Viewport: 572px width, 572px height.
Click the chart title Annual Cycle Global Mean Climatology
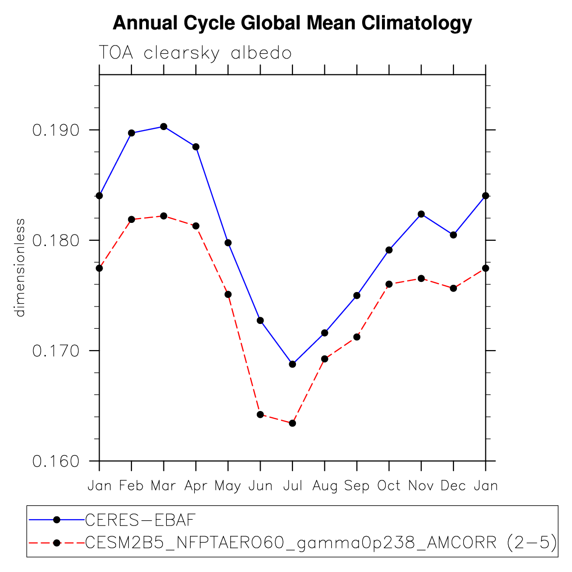click(x=292, y=23)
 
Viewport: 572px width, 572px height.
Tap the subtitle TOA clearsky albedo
click(x=195, y=53)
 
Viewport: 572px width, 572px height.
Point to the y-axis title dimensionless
click(x=20, y=267)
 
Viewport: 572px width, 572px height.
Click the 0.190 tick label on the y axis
click(x=55, y=130)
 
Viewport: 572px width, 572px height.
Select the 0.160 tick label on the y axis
click(x=55, y=461)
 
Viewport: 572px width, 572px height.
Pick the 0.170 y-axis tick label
click(x=55, y=351)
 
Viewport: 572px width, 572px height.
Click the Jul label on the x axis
click(x=292, y=485)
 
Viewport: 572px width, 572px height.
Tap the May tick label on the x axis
click(x=228, y=485)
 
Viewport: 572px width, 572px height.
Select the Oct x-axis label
click(x=389, y=485)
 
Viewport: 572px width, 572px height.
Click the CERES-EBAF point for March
click(x=163, y=127)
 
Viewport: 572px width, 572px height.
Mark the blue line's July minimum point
click(x=292, y=364)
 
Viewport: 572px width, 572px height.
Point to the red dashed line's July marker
click(x=292, y=423)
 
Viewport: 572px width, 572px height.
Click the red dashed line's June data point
click(x=260, y=414)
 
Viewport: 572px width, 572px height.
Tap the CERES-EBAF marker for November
click(x=421, y=214)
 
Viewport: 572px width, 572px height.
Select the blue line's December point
click(x=453, y=235)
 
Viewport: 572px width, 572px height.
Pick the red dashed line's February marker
click(x=132, y=220)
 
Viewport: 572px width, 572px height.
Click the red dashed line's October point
click(x=389, y=284)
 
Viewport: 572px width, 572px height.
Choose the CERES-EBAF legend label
click(x=140, y=520)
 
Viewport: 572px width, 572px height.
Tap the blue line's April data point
click(x=196, y=147)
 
